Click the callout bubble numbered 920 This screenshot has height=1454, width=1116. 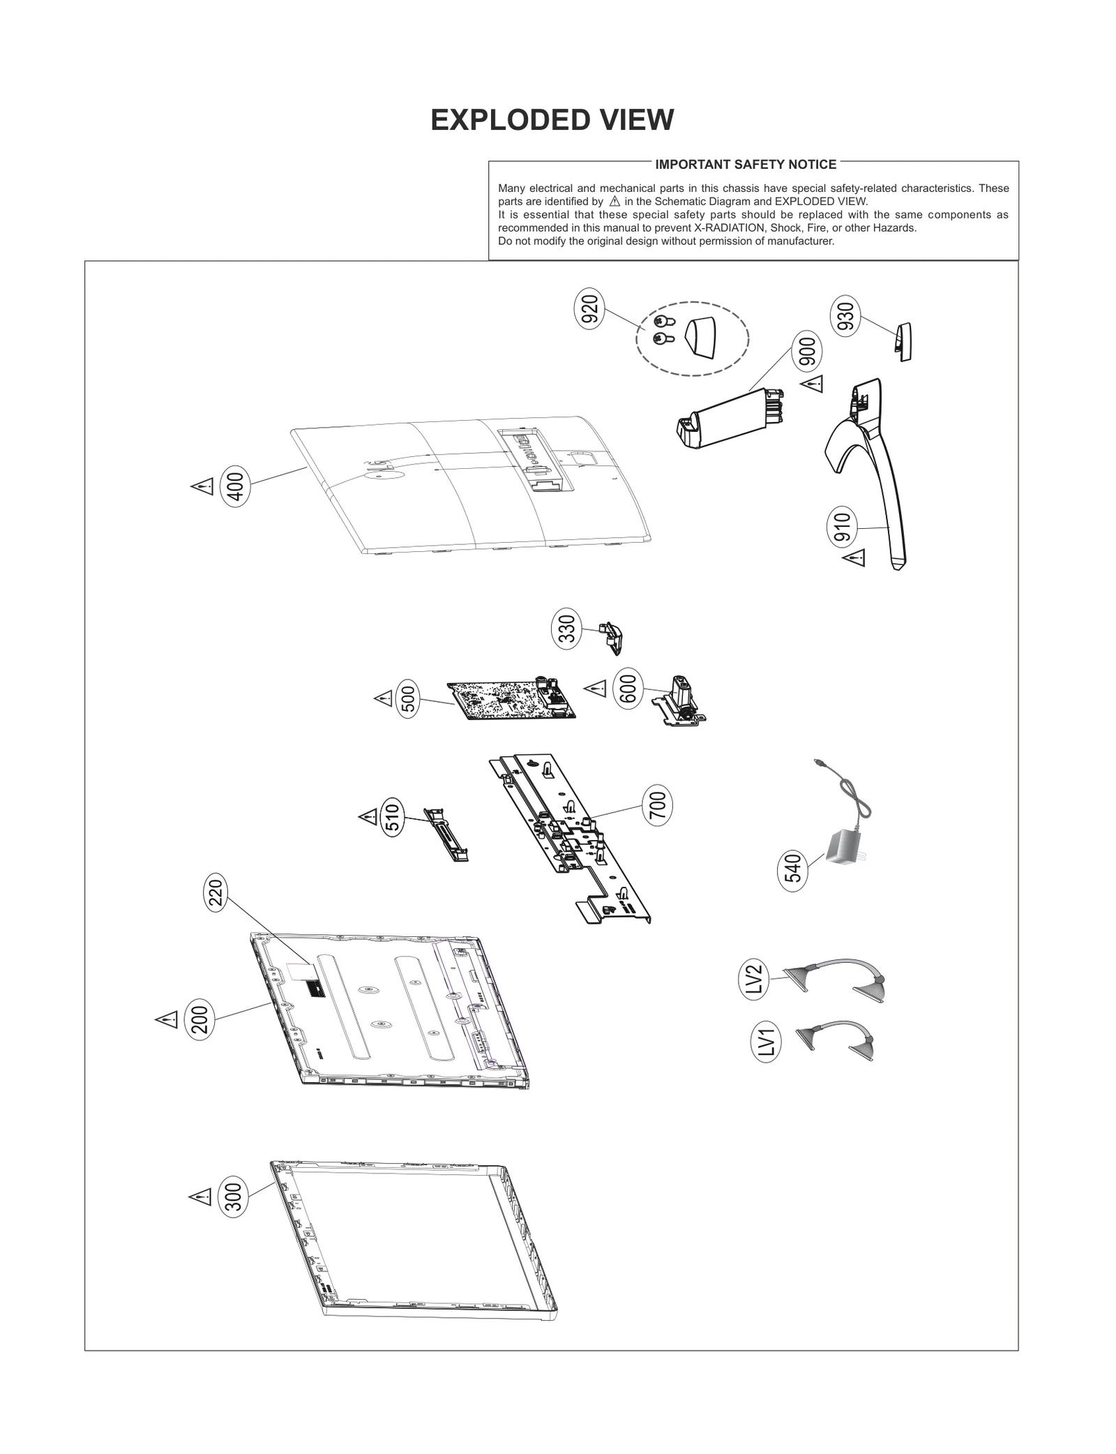(x=589, y=310)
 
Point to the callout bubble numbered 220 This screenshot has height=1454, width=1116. (x=216, y=893)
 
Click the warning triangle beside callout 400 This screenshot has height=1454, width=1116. (x=202, y=486)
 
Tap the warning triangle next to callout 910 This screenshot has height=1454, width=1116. (x=854, y=557)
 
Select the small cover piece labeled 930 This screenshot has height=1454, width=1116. (x=903, y=341)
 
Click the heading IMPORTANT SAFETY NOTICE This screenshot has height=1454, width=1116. (x=745, y=165)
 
